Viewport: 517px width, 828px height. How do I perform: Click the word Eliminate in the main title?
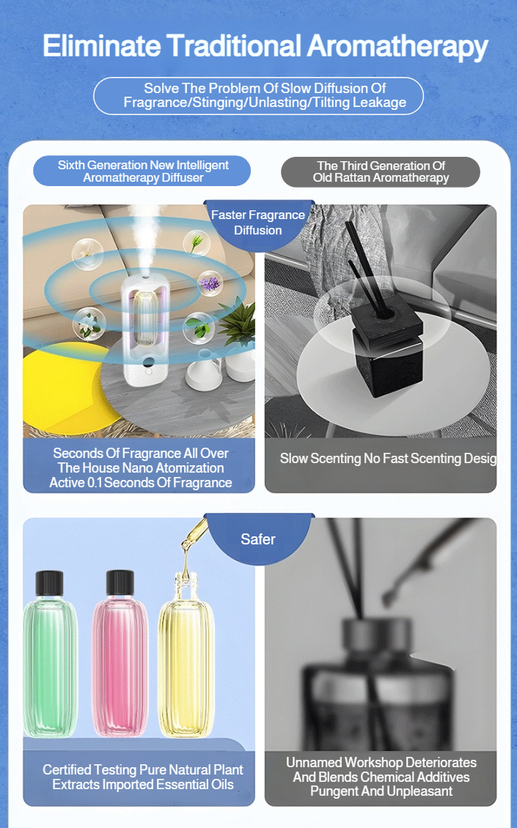click(102, 46)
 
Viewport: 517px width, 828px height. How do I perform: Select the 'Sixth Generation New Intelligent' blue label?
click(142, 171)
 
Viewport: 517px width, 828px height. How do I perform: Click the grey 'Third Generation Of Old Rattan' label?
click(381, 171)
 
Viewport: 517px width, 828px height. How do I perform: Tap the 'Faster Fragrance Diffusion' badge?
click(258, 222)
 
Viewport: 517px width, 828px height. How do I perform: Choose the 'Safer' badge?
click(258, 539)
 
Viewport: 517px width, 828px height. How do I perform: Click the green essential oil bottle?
click(50, 654)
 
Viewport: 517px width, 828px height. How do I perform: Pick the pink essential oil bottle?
click(120, 654)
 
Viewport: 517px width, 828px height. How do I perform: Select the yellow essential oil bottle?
click(186, 655)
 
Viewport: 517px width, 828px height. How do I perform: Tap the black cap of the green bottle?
click(50, 583)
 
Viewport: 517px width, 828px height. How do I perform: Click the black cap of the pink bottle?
click(120, 583)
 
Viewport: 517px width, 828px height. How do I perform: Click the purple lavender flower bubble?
click(210, 284)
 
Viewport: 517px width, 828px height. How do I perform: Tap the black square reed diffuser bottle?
click(386, 351)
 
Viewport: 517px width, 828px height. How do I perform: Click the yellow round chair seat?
click(64, 385)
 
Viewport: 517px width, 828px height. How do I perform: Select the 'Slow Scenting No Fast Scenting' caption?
click(388, 459)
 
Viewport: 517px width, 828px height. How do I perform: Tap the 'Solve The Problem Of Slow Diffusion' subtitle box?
click(258, 95)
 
